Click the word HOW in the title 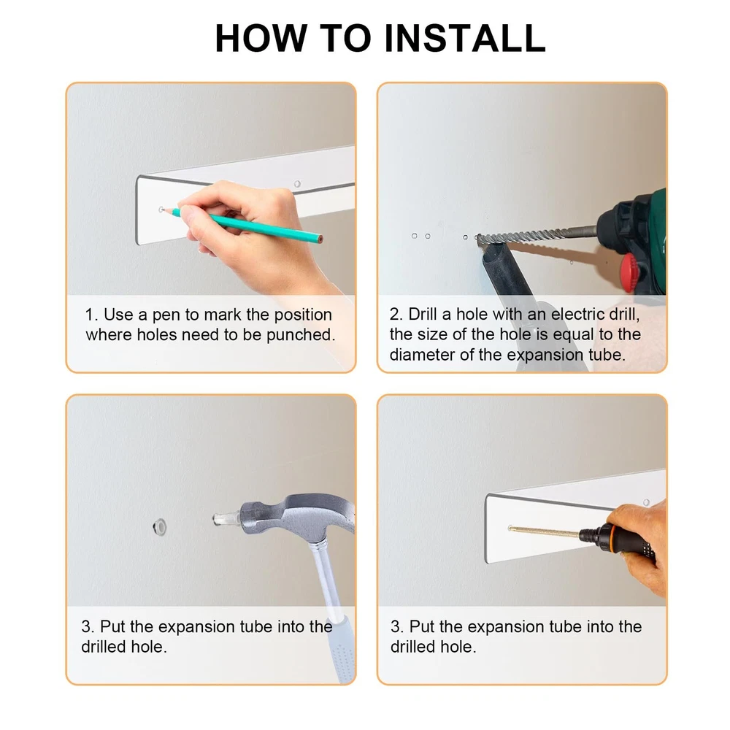[261, 38]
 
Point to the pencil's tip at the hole [161, 210]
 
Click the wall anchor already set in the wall [160, 526]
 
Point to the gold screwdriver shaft [545, 532]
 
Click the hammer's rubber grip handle [341, 650]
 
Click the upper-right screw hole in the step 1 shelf [297, 184]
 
